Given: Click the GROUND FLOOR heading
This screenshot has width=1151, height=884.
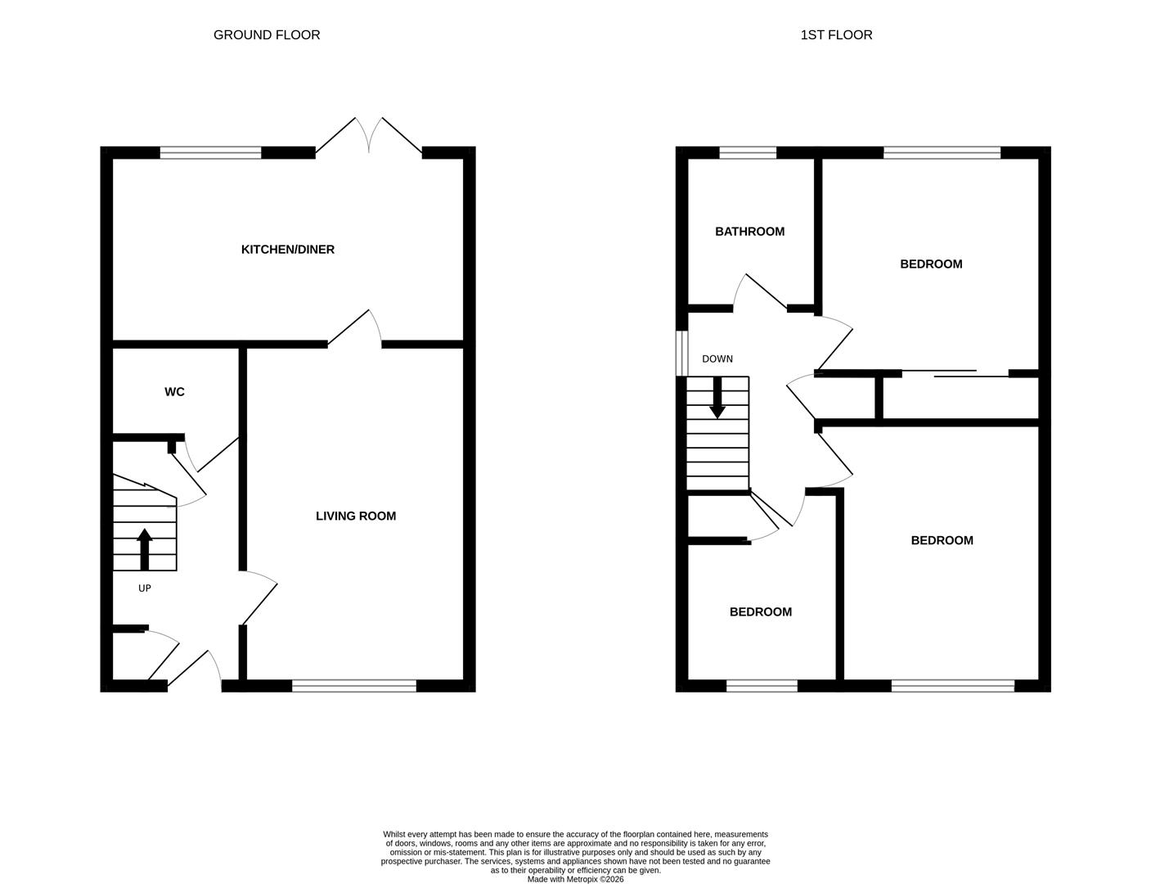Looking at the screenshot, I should (x=267, y=35).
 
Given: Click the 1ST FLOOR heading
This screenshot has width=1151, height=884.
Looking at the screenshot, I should (x=836, y=35).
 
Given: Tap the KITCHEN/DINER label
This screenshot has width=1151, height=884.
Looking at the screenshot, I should (x=288, y=250).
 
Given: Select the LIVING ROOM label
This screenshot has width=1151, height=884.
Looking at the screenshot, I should (x=356, y=516).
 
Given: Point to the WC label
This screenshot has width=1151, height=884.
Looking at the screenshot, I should (x=174, y=392).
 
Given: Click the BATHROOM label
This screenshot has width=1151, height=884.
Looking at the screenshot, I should (x=749, y=232).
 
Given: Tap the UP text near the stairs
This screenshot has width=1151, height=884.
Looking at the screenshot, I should (x=145, y=589).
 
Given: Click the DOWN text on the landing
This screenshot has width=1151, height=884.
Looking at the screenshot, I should (x=717, y=359).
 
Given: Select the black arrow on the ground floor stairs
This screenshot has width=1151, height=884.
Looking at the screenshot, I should (x=145, y=548).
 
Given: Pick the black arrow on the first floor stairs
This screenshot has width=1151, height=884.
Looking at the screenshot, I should (x=717, y=398).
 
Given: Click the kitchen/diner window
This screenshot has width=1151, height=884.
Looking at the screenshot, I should (x=210, y=152).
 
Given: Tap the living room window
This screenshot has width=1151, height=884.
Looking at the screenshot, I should (x=354, y=686).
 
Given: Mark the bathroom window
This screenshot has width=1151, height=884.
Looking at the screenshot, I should (x=748, y=152).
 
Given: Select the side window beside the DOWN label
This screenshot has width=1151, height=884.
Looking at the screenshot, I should (x=681, y=353).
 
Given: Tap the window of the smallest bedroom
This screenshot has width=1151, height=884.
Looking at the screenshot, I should (x=762, y=686).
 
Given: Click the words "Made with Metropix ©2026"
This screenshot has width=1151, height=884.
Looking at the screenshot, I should (x=575, y=880).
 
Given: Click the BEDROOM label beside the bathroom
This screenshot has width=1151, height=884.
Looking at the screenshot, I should (x=931, y=264).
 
